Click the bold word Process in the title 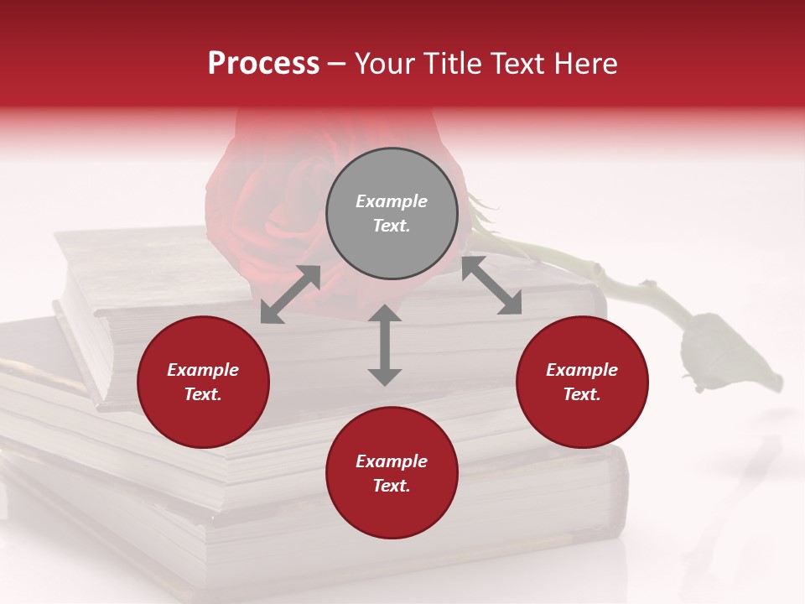pyautogui.click(x=263, y=64)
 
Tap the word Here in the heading pyautogui.click(x=587, y=64)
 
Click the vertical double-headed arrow pyautogui.click(x=385, y=345)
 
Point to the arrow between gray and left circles pyautogui.click(x=290, y=294)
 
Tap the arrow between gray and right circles pyautogui.click(x=491, y=285)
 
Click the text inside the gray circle pyautogui.click(x=392, y=213)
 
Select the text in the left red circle pyautogui.click(x=203, y=382)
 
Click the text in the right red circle pyautogui.click(x=582, y=382)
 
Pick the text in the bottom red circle pyautogui.click(x=392, y=473)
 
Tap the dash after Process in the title pyautogui.click(x=337, y=64)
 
